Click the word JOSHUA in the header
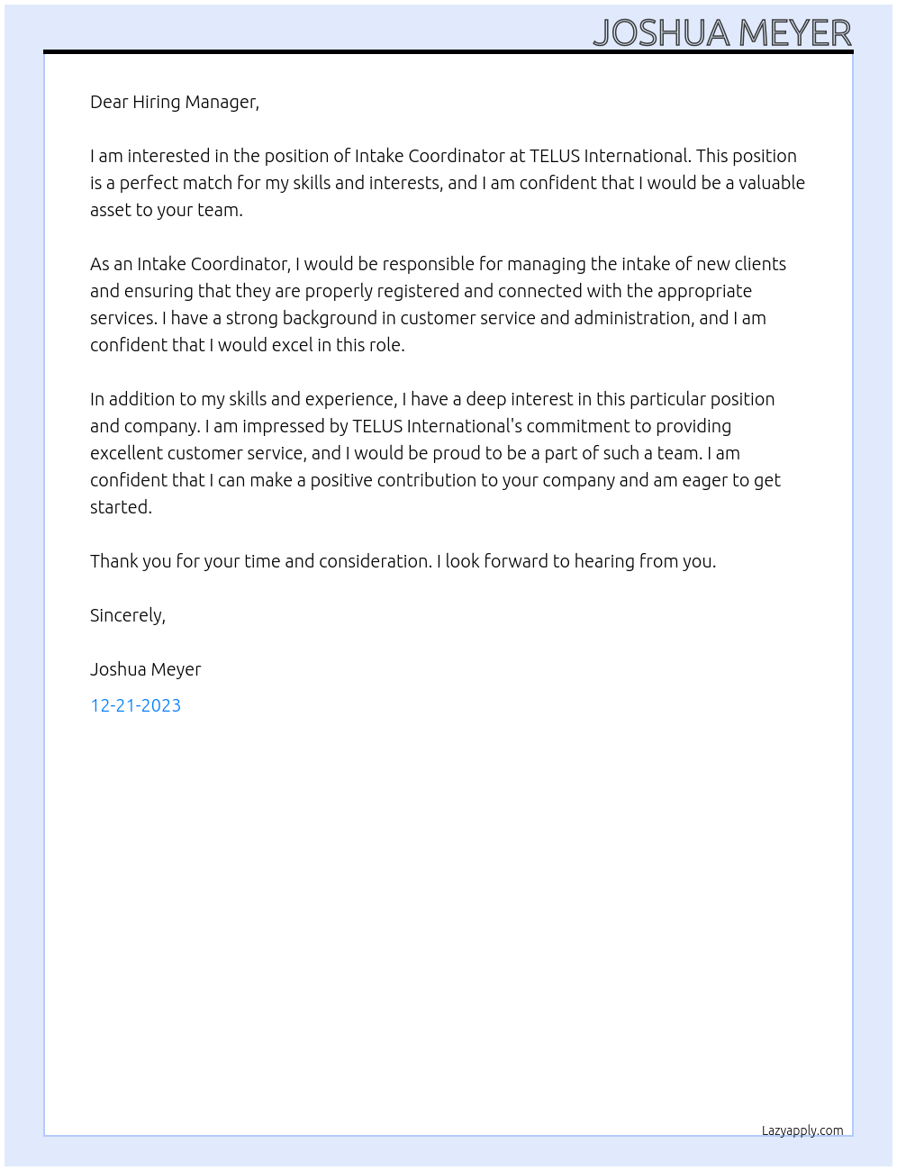(x=661, y=33)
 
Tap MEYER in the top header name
(x=794, y=33)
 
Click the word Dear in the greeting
(x=109, y=102)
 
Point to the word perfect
(x=149, y=183)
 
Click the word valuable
(x=772, y=183)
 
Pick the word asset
(x=111, y=210)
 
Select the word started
(x=121, y=507)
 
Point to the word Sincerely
(x=127, y=615)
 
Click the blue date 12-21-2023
(x=135, y=705)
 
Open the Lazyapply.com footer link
(x=802, y=1130)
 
